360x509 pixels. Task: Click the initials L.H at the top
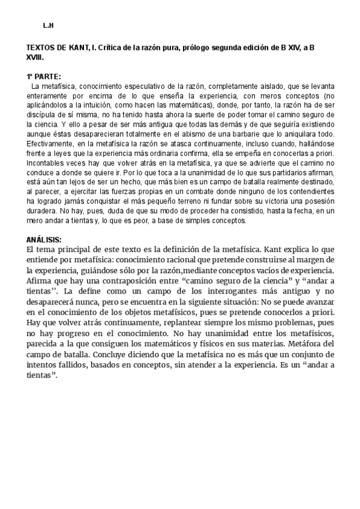point(49,26)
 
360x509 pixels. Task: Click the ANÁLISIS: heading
point(44,239)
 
